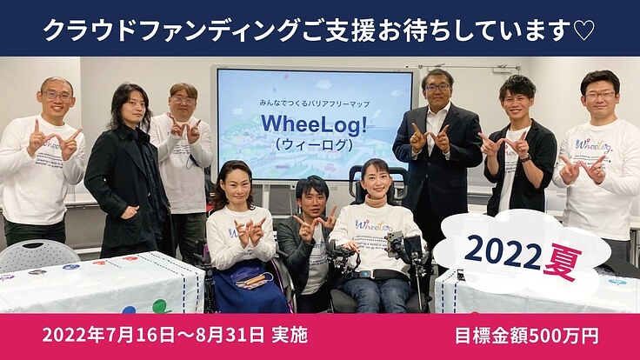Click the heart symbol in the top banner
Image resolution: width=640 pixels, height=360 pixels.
[584, 30]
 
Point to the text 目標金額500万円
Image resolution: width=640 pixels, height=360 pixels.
[526, 336]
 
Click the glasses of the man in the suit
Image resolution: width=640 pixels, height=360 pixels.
[437, 88]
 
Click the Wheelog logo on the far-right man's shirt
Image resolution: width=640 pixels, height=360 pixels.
[595, 145]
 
